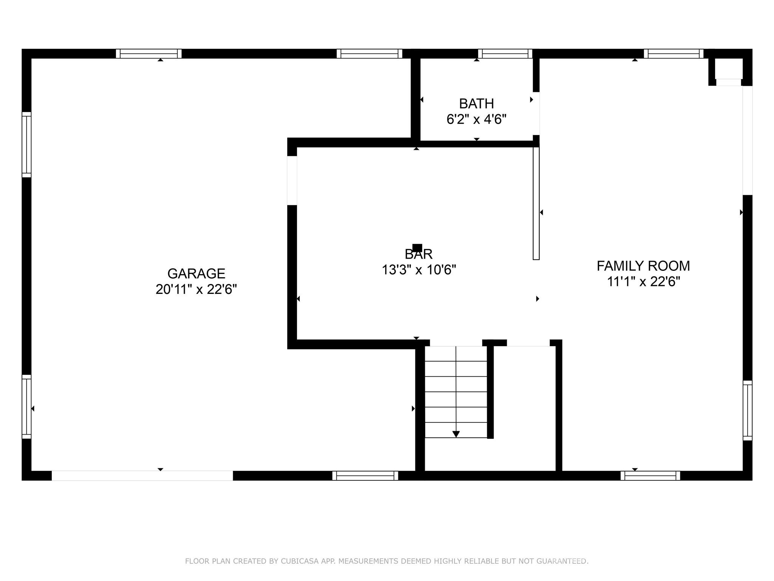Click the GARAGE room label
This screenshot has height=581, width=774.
(196, 273)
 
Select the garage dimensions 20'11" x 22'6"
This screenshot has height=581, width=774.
(196, 290)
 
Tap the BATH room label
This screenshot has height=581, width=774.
(476, 103)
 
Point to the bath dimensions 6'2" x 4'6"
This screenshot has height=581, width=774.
(476, 120)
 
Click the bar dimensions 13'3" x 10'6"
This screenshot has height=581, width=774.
(419, 270)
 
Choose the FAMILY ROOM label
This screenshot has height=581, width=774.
(643, 266)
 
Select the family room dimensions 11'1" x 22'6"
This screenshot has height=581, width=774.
(643, 282)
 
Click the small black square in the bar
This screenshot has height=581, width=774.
(417, 248)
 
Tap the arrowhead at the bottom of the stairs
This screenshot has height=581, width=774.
(456, 434)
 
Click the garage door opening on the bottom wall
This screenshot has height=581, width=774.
(142, 475)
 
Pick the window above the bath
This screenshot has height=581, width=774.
(505, 54)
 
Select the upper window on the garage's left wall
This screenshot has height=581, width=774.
(26, 144)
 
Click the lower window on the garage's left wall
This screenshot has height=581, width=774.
(26, 407)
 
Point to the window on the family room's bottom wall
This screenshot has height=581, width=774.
(650, 475)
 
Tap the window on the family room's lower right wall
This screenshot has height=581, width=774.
(747, 410)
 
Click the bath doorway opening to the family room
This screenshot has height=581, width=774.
(536, 113)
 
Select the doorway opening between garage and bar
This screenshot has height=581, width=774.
(292, 180)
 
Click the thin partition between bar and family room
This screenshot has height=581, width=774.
(536, 203)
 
